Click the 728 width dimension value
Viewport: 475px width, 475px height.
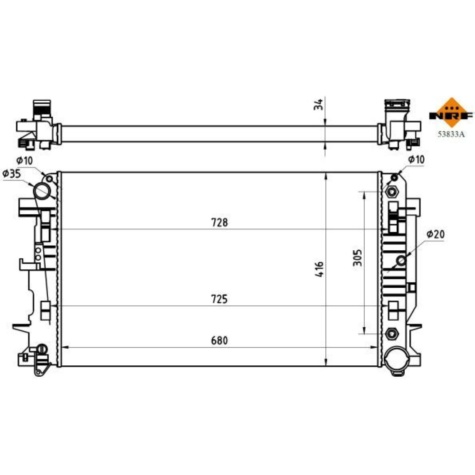(219, 223)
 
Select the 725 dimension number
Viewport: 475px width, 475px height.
(219, 299)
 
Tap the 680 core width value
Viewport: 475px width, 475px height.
(219, 341)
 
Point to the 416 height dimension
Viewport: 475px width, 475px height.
(319, 269)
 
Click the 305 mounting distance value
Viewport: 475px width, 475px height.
(358, 258)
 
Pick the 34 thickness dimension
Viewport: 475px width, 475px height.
(318, 104)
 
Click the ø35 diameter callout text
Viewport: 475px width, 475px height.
(11, 173)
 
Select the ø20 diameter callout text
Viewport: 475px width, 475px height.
(435, 234)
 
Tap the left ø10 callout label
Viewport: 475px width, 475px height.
(25, 161)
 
